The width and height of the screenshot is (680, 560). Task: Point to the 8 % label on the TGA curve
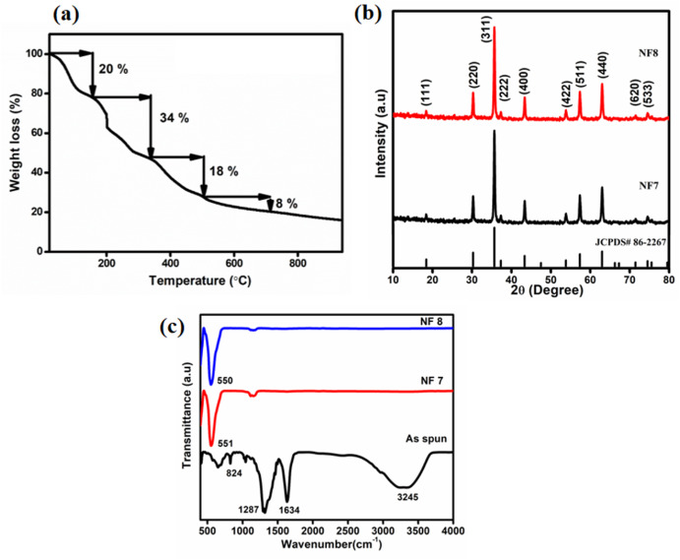(286, 204)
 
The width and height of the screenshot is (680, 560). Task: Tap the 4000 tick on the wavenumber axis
(453, 529)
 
